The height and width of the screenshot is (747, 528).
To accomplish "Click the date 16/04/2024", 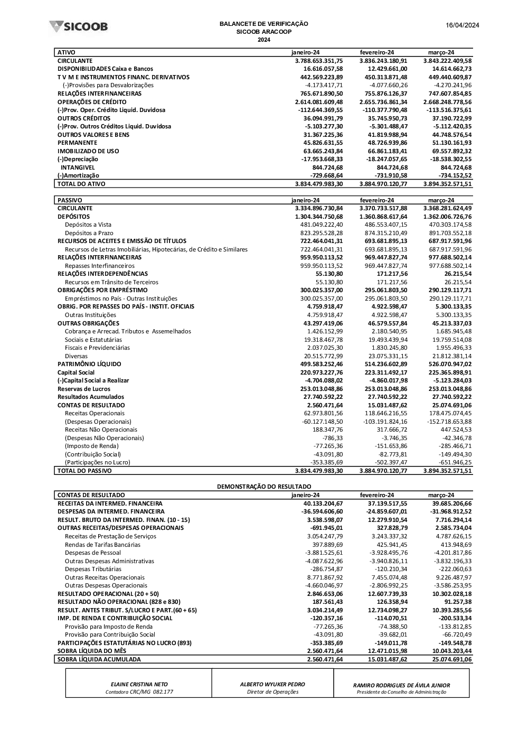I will click(x=462, y=25).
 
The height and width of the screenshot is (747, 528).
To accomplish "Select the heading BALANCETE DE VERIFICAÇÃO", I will click(x=263, y=24).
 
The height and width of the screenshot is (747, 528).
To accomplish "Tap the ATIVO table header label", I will click(x=67, y=52).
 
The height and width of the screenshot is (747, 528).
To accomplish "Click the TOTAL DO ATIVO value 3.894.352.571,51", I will click(x=447, y=184).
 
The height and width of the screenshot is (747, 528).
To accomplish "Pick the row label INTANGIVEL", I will click(x=78, y=167).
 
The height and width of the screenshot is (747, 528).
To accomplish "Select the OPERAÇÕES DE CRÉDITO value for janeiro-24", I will click(x=318, y=102).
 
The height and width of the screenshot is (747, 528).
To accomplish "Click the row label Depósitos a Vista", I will click(x=88, y=225).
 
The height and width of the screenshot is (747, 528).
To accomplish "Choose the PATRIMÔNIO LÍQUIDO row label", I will click(x=89, y=364).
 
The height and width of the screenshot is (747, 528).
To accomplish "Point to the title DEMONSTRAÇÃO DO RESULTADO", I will click(x=264, y=486).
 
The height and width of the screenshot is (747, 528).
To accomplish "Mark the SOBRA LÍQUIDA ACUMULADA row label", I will click(x=99, y=659).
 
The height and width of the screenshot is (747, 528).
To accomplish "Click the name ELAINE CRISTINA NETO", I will click(x=139, y=684).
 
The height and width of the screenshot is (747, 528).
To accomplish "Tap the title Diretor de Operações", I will click(x=272, y=692).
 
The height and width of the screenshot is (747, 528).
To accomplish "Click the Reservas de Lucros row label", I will click(x=84, y=389).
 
